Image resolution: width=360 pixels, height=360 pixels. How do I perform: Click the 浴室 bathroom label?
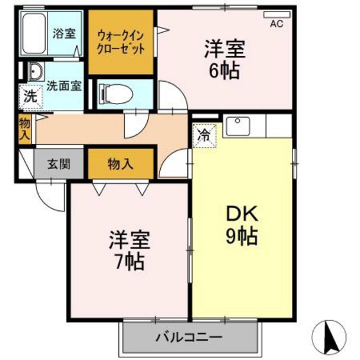tap(63, 31)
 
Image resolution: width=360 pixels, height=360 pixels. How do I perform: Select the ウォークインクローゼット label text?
tap(121, 42)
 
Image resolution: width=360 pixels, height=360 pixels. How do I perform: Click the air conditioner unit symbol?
tap(276, 14)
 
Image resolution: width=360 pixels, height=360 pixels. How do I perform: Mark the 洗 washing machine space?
tap(30, 97)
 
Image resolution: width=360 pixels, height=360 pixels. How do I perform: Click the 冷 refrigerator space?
tap(204, 135)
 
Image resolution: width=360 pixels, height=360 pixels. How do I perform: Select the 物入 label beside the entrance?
tap(120, 163)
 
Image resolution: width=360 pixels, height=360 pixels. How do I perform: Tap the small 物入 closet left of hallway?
tap(24, 128)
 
